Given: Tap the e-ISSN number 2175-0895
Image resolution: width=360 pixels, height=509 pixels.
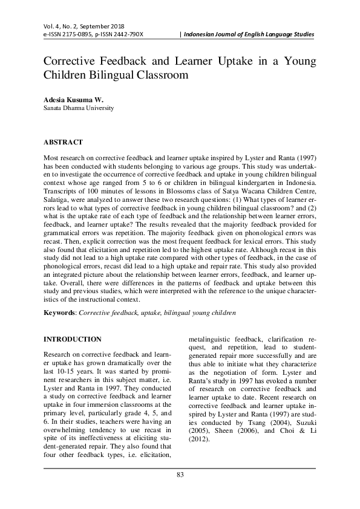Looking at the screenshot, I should coord(72,34).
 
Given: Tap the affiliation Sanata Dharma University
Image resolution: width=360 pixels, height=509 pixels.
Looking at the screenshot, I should coord(79,108).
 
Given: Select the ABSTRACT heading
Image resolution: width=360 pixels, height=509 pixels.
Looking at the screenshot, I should coord(64,142).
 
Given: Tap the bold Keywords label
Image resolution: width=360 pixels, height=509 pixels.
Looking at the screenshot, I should coord(59,313).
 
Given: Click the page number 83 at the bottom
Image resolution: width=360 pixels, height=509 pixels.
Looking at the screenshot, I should coord(180,490).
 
